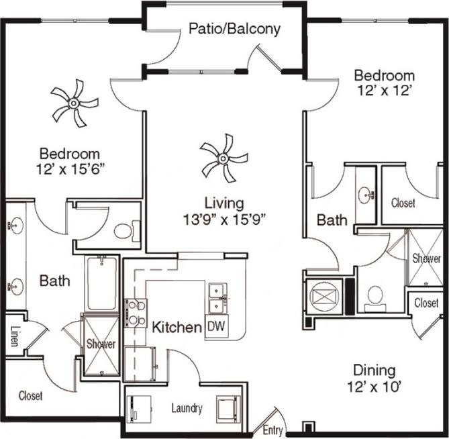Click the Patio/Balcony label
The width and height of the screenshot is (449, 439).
(x=234, y=29)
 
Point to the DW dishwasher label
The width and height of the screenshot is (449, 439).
(x=215, y=326)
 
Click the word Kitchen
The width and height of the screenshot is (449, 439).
(x=177, y=328)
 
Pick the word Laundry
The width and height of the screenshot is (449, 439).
(x=187, y=407)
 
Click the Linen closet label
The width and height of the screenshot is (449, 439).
(x=14, y=336)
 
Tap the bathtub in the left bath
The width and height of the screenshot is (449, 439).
(x=101, y=283)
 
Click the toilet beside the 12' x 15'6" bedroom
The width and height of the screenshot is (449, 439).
(x=125, y=232)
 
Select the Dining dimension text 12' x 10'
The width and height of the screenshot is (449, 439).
(x=375, y=386)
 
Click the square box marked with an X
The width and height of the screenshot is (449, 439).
(x=321, y=294)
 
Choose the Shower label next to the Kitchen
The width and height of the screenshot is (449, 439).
(x=101, y=344)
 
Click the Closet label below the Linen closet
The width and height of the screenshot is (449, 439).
(x=31, y=396)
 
